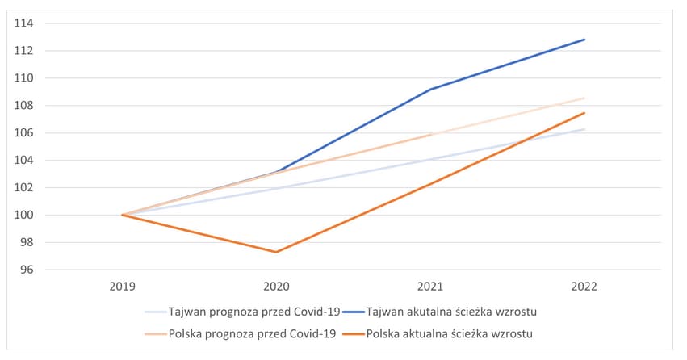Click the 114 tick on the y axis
pyautogui.click(x=23, y=23)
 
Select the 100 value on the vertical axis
pyautogui.click(x=23, y=215)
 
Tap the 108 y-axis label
pyautogui.click(x=23, y=106)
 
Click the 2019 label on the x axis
pyautogui.click(x=122, y=285)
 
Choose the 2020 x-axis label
pyautogui.click(x=277, y=285)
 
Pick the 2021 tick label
pyautogui.click(x=430, y=285)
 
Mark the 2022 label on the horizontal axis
pyautogui.click(x=584, y=285)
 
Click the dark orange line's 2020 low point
pyautogui.click(x=277, y=252)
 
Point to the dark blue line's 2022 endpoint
pyautogui.click(x=584, y=39)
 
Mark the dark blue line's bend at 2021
pyautogui.click(x=430, y=90)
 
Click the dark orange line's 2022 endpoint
pyautogui.click(x=584, y=113)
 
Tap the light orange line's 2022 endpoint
pyautogui.click(x=584, y=98)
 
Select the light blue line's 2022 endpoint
pyautogui.click(x=584, y=128)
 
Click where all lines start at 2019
pyautogui.click(x=122, y=215)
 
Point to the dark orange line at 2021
pyautogui.click(x=430, y=183)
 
